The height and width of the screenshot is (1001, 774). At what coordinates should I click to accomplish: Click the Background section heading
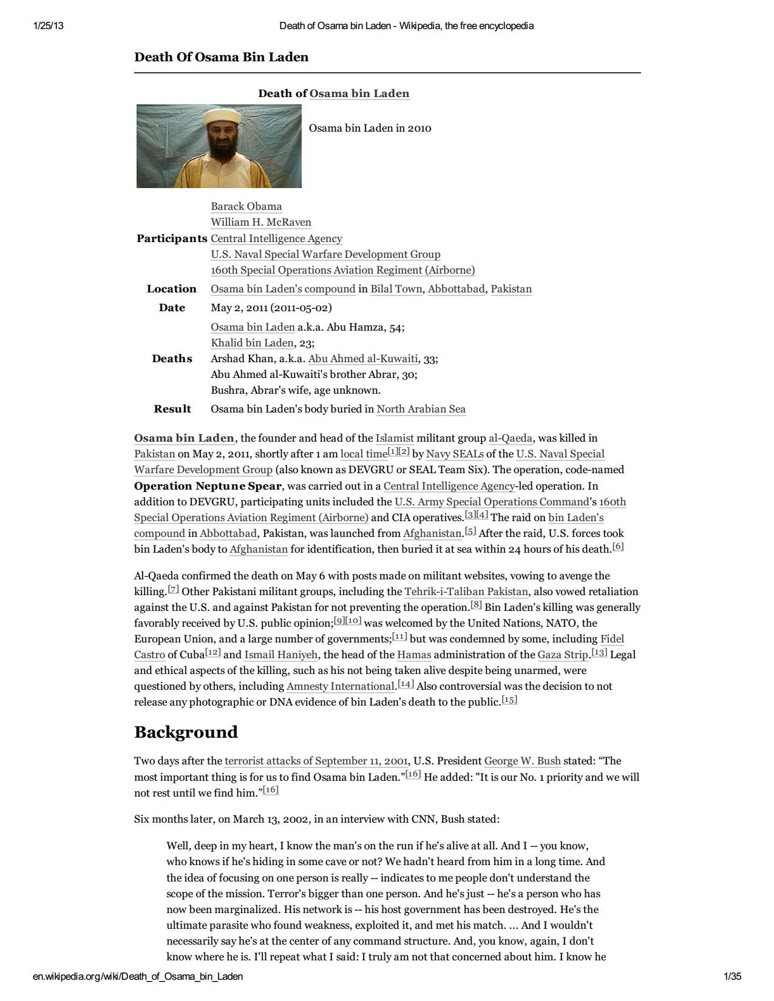coord(186,732)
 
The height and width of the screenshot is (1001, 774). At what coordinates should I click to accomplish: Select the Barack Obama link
coord(246,206)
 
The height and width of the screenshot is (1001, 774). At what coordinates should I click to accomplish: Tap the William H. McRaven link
coord(260,222)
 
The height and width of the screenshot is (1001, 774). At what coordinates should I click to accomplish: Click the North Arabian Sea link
coord(421,409)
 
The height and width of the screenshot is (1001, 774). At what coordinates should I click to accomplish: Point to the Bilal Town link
coord(396,289)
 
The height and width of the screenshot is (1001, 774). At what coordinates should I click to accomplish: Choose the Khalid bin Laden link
coord(252,343)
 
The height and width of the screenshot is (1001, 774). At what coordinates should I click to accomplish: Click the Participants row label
coord(172,238)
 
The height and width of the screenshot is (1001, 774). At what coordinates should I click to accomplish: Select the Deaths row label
coord(172,359)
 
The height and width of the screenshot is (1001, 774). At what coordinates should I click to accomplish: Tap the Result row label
coord(172,409)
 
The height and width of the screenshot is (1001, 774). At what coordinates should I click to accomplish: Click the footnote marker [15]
coord(509,700)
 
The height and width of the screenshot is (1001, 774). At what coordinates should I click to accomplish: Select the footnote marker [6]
coord(618,546)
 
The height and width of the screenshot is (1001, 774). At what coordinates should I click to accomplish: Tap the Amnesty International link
coord(341,686)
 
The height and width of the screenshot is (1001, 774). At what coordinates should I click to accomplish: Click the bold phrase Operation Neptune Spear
coord(208,486)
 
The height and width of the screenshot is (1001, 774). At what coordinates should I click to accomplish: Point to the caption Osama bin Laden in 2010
coord(370,128)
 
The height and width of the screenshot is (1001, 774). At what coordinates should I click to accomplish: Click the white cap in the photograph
coord(219,116)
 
